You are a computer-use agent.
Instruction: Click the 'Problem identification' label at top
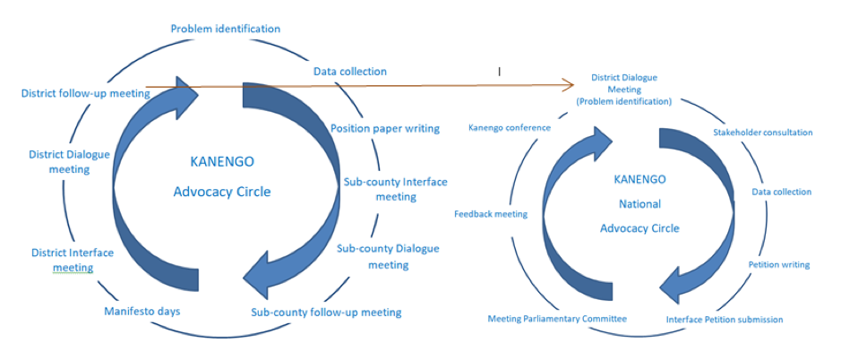click(x=226, y=29)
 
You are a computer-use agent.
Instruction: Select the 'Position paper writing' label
click(x=384, y=129)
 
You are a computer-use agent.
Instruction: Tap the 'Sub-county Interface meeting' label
click(x=395, y=189)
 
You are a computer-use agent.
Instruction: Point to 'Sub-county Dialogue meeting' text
click(x=388, y=256)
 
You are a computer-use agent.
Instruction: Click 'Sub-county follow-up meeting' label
click(x=326, y=312)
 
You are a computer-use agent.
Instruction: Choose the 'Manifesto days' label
click(x=142, y=311)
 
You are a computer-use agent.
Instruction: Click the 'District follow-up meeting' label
click(x=85, y=93)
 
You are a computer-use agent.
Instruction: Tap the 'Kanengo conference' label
click(x=510, y=128)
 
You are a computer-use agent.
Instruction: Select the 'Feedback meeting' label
click(x=491, y=214)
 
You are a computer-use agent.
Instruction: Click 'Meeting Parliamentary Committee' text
click(x=557, y=319)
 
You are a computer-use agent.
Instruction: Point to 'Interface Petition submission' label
click(x=724, y=319)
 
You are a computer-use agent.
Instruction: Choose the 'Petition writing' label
click(x=779, y=264)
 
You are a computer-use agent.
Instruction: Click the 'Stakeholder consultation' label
click(x=762, y=132)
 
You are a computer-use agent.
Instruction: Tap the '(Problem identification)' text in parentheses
click(x=623, y=101)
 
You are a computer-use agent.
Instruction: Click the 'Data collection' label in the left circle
click(x=349, y=72)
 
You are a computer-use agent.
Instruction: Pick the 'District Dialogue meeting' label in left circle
click(x=69, y=161)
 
